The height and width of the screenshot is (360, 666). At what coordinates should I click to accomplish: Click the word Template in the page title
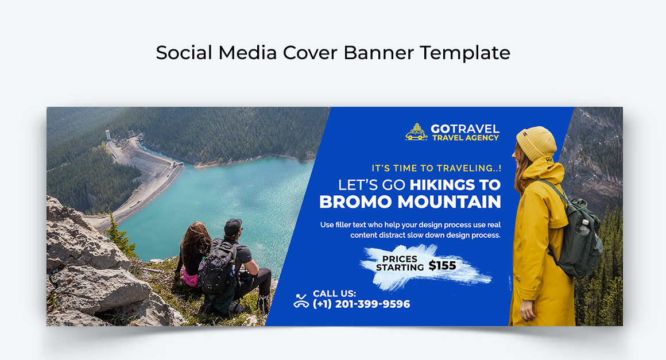tap(464, 53)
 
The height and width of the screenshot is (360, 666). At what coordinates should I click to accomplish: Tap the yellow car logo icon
tap(416, 133)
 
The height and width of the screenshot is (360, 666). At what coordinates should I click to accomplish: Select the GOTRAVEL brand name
tap(465, 129)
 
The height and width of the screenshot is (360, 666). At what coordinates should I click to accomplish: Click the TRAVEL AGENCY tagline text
tap(465, 138)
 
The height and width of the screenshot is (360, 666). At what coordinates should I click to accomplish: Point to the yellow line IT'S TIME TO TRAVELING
tap(436, 168)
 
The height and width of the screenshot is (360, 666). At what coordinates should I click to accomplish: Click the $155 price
tap(442, 266)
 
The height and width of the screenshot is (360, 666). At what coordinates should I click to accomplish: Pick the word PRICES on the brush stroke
tap(400, 260)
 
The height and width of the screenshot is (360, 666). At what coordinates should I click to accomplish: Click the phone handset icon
tap(301, 300)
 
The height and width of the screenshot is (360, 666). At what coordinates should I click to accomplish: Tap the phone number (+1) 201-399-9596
tap(361, 304)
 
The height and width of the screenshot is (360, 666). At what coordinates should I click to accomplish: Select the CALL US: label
tap(334, 293)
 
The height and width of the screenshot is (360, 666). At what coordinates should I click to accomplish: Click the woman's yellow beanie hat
tap(536, 144)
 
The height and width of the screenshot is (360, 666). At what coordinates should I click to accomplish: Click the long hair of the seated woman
tap(195, 241)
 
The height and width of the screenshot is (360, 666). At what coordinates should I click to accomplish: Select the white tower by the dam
tap(107, 136)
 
